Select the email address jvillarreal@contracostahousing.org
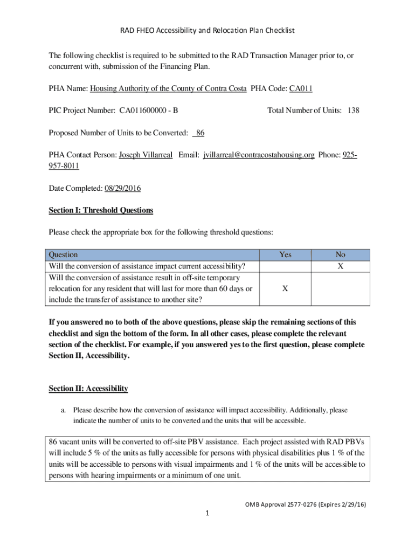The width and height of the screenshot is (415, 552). point(259,155)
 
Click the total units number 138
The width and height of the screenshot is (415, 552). point(353,111)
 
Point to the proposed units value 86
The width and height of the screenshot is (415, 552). point(199,133)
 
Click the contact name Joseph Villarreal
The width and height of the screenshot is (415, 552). point(146,155)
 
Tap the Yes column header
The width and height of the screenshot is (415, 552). point(285,254)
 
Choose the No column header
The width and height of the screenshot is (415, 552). point(340,254)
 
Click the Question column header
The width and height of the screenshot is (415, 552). point(63,254)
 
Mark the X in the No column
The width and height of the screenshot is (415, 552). point(340,266)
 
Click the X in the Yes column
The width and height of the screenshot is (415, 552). point(285,288)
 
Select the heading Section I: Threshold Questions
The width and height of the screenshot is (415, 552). point(101,210)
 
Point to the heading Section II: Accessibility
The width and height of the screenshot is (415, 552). point(88,388)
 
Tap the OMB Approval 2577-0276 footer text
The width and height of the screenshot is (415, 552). point(305,505)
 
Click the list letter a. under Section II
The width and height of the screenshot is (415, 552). point(63,410)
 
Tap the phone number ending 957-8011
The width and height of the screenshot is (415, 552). point(64,166)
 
